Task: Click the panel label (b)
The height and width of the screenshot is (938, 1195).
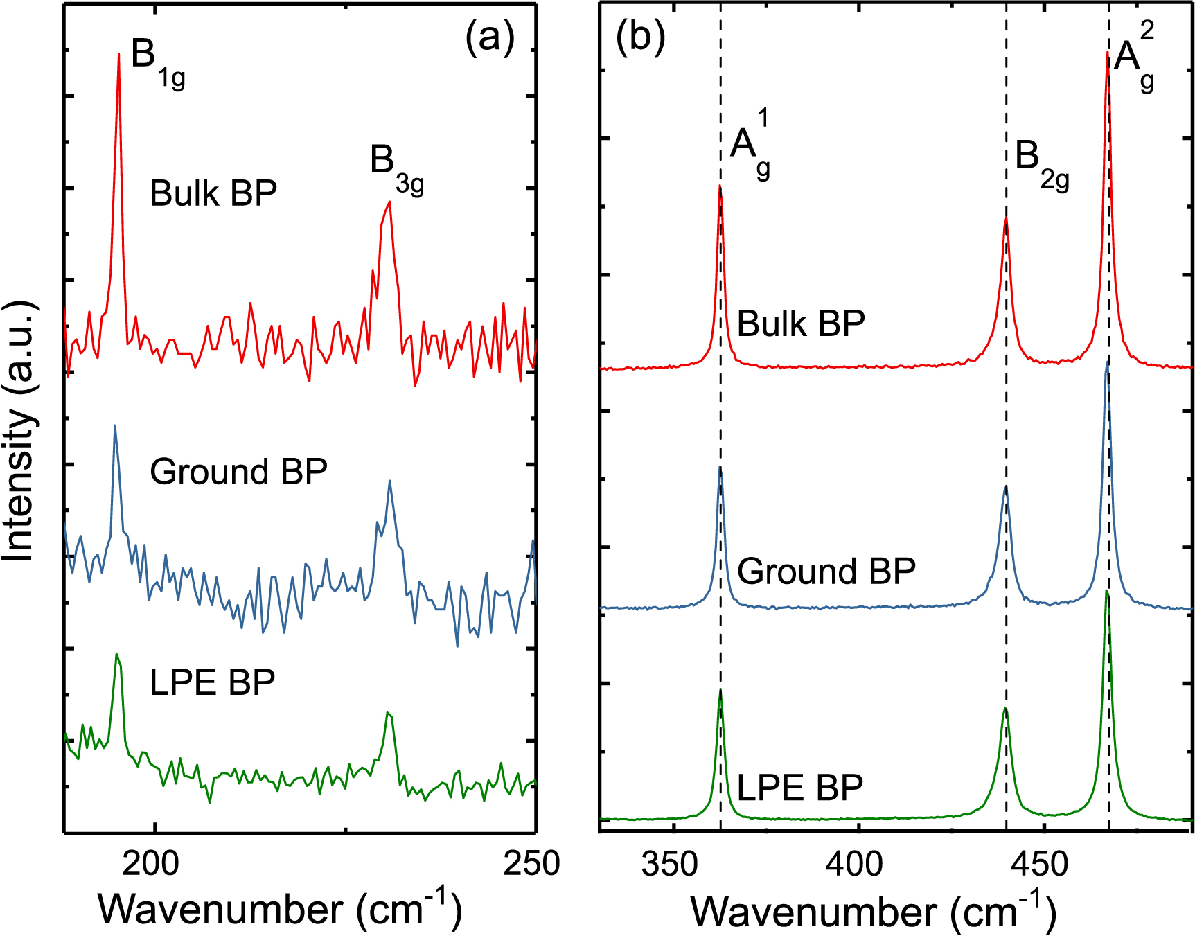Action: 640,36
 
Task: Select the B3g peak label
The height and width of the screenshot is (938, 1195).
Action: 396,168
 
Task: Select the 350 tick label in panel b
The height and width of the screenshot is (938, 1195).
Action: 670,864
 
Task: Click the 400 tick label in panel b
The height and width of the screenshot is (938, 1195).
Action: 858,864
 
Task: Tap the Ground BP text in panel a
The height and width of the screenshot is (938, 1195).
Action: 238,472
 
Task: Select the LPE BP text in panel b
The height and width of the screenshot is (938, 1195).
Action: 799,788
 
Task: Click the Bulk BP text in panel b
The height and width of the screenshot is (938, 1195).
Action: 801,324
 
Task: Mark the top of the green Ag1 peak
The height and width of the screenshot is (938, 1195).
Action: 720,690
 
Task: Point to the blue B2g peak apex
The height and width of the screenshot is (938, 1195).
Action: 1006,486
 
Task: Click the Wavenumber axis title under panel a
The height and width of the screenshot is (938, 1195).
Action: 280,910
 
